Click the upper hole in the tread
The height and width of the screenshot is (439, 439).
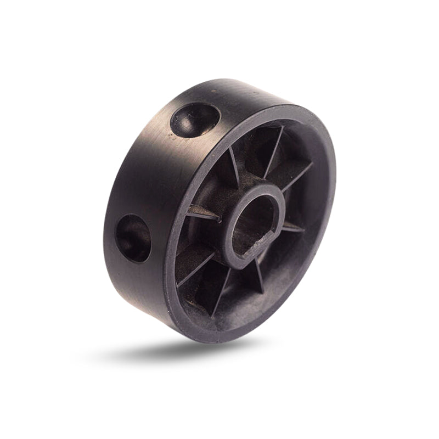pos(195,119)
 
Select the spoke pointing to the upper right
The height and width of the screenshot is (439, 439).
pos(296,178)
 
